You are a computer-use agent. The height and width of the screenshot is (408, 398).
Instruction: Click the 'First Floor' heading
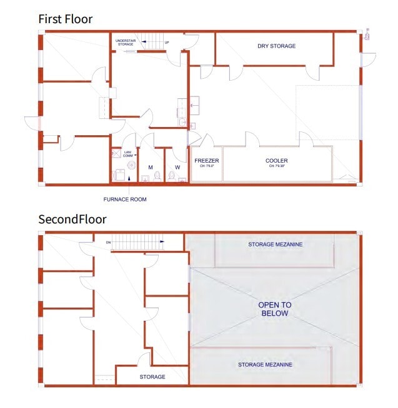point(65,19)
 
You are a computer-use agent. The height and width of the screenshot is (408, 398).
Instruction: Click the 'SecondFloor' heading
point(72,219)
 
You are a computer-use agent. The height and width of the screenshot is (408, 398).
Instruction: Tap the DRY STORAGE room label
point(276,46)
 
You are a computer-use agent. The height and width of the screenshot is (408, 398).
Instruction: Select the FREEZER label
point(206,161)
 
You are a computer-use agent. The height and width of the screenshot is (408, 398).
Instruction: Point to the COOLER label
point(276,161)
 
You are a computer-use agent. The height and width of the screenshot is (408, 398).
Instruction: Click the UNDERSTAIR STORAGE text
point(126,42)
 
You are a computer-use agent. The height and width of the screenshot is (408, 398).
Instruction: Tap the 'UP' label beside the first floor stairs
point(166,43)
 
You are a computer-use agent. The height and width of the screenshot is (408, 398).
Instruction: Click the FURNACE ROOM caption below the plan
point(125,199)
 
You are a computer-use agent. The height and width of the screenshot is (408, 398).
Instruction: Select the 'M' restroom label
point(150,167)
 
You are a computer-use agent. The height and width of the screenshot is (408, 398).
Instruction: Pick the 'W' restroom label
point(177,167)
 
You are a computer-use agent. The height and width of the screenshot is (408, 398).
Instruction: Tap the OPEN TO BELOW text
point(275,309)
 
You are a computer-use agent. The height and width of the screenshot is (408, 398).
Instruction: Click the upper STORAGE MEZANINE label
point(275,244)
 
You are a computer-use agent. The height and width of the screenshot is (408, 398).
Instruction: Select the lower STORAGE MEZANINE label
point(265,364)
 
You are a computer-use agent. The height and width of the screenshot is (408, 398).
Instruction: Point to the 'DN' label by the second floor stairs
point(107,242)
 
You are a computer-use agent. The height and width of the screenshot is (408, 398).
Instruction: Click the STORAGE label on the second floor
point(152,377)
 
